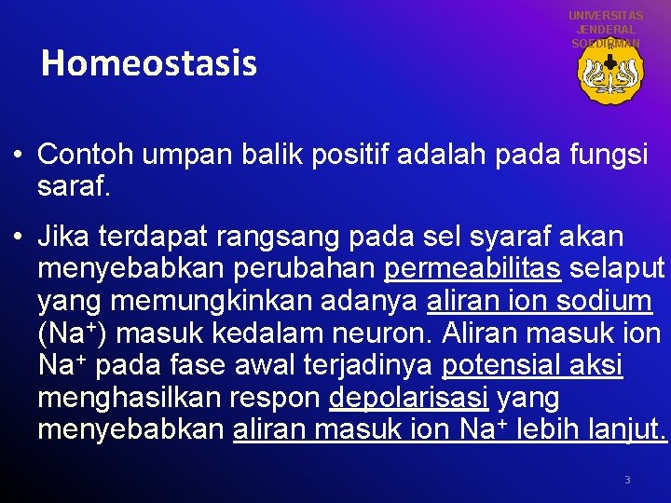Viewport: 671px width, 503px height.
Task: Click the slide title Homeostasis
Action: pyautogui.click(x=149, y=63)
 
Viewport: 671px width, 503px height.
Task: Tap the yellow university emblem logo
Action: pyautogui.click(x=609, y=74)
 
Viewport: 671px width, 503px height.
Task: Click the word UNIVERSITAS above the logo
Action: pyautogui.click(x=606, y=16)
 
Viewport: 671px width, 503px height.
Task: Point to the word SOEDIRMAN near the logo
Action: pyautogui.click(x=606, y=44)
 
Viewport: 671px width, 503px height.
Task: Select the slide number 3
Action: pyautogui.click(x=627, y=480)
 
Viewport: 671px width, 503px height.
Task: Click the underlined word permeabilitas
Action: pyautogui.click(x=472, y=269)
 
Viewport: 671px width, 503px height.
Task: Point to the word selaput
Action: pyautogui.click(x=618, y=269)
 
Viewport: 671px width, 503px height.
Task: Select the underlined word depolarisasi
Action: pyautogui.click(x=409, y=398)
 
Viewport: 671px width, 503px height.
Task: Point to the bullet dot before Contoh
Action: pyautogui.click(x=19, y=156)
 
